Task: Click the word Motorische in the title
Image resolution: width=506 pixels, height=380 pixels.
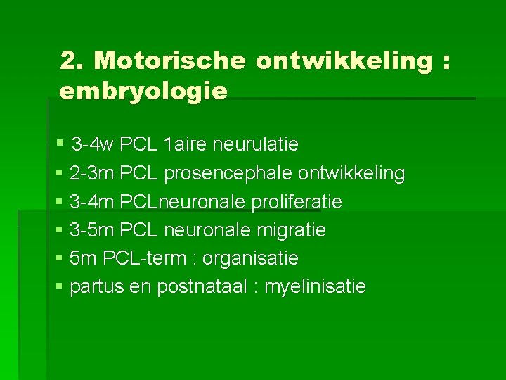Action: tap(170, 61)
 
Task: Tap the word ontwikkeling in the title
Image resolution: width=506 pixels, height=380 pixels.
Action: tap(344, 61)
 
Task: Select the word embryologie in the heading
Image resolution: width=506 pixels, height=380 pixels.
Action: tap(144, 91)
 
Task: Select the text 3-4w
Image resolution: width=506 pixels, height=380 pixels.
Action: tap(93, 145)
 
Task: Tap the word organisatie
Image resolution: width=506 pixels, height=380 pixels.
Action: tap(250, 259)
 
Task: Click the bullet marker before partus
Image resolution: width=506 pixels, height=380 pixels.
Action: tap(59, 287)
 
